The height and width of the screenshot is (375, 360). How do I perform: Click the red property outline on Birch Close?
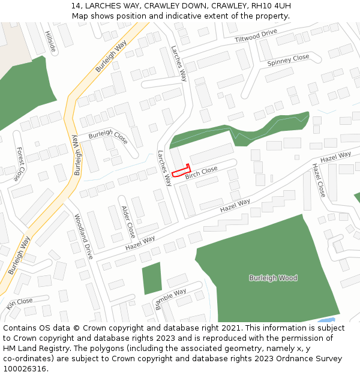(181, 172)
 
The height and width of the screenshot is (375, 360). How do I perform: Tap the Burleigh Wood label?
(273, 278)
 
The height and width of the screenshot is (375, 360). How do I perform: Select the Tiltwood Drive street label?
(256, 35)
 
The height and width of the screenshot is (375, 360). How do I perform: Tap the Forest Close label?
(20, 164)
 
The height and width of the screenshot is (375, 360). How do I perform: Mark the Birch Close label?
(201, 173)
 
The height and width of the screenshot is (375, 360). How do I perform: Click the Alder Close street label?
(128, 221)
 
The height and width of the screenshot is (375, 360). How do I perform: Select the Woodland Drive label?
(85, 235)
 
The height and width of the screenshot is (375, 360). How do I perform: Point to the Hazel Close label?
(318, 180)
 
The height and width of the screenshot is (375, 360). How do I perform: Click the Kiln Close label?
(19, 303)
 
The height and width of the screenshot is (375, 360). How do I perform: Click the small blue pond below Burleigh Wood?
(327, 320)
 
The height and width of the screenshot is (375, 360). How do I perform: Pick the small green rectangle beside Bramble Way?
(152, 278)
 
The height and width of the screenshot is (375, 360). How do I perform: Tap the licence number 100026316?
(24, 369)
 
